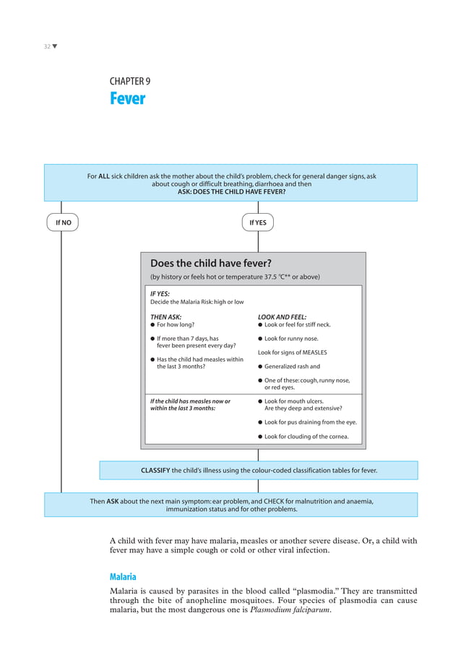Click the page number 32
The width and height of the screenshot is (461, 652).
(x=46, y=47)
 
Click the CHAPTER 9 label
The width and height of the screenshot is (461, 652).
(x=130, y=82)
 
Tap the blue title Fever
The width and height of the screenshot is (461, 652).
(x=127, y=99)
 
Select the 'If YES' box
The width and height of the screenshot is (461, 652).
(x=258, y=222)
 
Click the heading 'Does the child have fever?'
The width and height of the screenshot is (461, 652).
(x=210, y=263)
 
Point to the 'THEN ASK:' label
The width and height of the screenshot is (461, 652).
(x=165, y=316)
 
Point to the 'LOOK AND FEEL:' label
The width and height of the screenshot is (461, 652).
(x=282, y=316)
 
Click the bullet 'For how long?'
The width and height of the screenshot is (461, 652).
(x=176, y=325)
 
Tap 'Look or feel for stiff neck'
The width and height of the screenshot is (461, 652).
(x=297, y=325)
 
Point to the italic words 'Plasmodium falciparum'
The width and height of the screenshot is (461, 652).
(x=291, y=610)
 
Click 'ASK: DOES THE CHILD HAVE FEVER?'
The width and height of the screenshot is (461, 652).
(x=231, y=192)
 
